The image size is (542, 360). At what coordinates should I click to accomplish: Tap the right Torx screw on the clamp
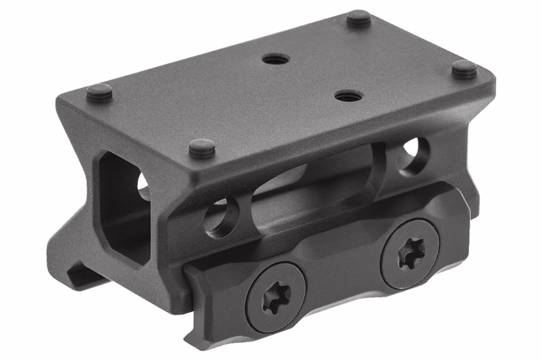coord(411,252)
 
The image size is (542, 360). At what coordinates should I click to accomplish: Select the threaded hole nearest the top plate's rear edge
coord(275,60)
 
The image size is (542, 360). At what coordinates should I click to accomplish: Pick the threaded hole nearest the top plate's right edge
coord(349,96)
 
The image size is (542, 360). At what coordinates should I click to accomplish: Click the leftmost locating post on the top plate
coord(99,93)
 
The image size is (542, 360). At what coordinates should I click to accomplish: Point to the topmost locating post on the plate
coord(359,19)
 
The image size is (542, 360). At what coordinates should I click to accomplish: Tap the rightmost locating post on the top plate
coord(464,69)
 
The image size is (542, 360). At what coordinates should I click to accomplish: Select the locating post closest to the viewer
coord(202,149)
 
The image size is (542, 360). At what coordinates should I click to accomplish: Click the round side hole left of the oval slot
coord(221,217)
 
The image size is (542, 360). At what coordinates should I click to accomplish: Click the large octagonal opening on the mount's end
coord(125,207)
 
